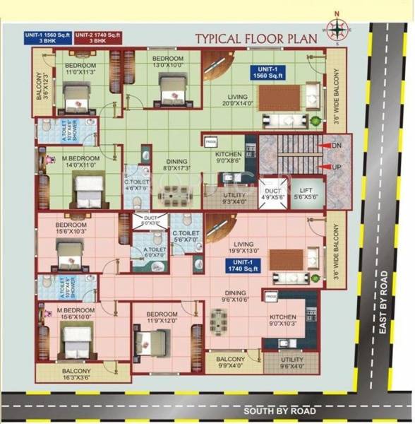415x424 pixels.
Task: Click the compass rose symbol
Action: pos(337,29)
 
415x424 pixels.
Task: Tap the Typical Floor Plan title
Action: pos(260,38)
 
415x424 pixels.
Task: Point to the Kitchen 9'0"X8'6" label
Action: pos(229,157)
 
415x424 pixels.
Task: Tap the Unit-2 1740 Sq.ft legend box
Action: pos(95,38)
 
